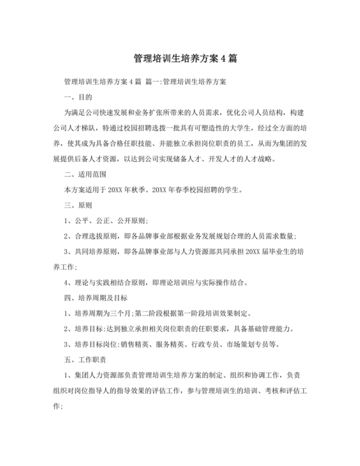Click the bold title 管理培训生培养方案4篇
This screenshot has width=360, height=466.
pos(179,58)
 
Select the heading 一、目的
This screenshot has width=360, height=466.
pos(78,97)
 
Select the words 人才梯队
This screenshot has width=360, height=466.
pos(95,128)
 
